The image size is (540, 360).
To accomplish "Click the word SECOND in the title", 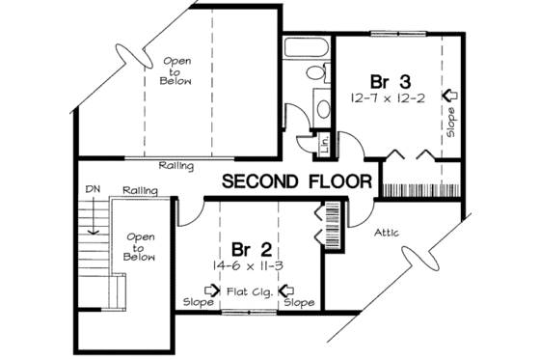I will pyautogui.click(x=262, y=181).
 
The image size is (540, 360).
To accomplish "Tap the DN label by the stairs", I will pyautogui.click(x=94, y=190).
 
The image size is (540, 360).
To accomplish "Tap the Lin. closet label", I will pyautogui.click(x=325, y=145).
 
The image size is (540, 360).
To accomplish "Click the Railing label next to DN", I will pyautogui.click(x=140, y=191).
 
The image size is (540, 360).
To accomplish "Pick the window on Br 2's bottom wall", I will pyautogui.click(x=247, y=313).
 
